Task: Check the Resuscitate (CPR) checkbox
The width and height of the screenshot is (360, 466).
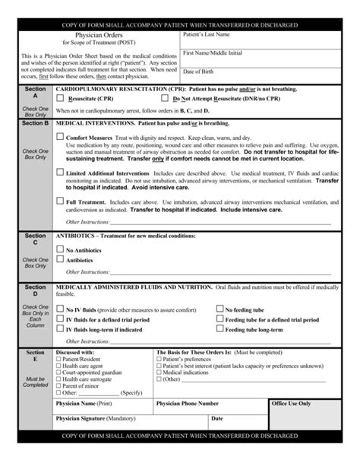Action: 61,99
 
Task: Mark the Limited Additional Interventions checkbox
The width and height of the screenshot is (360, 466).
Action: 61,173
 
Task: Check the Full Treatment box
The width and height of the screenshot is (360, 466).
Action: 61,201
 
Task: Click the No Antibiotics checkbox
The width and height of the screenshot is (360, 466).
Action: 61,249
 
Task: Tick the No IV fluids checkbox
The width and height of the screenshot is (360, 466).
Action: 61,309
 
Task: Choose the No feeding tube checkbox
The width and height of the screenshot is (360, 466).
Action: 220,309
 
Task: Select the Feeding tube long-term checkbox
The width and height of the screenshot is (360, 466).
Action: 220,329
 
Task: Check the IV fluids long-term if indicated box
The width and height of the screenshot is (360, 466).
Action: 61,329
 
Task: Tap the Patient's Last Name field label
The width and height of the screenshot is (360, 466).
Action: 207,35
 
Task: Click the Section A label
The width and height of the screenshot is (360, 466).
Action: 35,93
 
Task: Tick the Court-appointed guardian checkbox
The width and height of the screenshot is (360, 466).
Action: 58,372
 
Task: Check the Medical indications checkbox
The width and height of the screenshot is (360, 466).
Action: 158,372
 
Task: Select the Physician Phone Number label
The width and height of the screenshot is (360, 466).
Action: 187,404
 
